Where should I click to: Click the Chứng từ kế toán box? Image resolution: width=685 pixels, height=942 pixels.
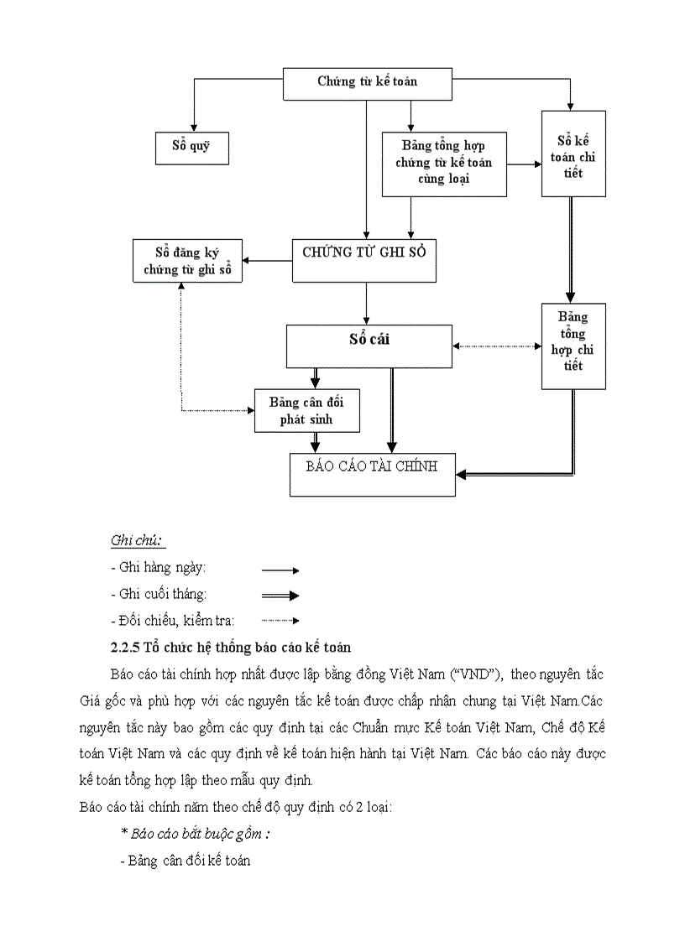coord(367,82)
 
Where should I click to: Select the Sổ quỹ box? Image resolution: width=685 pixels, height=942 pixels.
coord(191,146)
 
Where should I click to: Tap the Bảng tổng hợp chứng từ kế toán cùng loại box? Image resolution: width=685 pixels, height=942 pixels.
coord(444,164)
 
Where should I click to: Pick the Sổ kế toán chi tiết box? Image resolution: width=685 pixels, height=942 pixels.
coord(573,154)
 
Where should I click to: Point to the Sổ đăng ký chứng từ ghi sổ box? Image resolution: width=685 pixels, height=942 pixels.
coord(187,260)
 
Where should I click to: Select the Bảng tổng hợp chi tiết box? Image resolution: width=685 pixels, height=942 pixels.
coord(573,346)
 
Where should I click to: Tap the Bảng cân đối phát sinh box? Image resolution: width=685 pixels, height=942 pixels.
coord(306,410)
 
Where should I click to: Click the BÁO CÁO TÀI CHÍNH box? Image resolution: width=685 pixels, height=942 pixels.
coord(372,474)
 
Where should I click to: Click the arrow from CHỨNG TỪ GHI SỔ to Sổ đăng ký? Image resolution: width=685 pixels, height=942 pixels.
coord(267,260)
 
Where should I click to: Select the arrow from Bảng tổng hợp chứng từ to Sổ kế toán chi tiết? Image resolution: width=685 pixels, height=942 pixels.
coord(524,164)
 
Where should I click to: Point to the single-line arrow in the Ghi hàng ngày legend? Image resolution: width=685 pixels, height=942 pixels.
coord(280,570)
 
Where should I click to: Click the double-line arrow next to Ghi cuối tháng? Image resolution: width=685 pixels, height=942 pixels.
coord(280,596)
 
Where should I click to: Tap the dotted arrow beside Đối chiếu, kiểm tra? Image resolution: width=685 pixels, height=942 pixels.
coord(280,621)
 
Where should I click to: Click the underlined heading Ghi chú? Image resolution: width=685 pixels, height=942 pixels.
coord(137,539)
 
